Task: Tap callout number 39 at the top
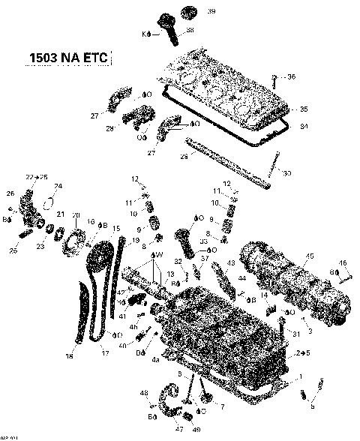(190, 11)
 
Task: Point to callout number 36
(292, 76)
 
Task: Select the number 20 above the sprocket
(75, 215)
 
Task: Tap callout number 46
(343, 262)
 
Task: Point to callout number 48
(143, 393)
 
